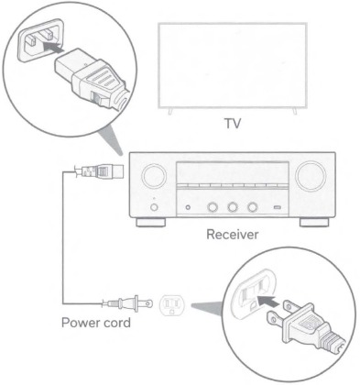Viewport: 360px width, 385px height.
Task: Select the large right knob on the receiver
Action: (309, 175)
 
